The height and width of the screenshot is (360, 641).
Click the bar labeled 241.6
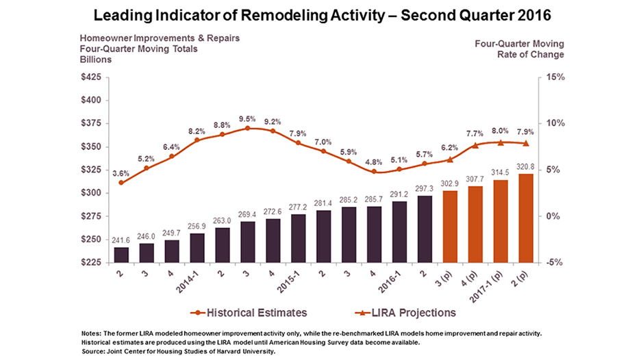point(121,255)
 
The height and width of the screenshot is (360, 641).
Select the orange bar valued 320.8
point(525,218)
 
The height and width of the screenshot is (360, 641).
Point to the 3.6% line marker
point(121,182)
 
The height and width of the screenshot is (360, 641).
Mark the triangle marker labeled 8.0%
point(501,142)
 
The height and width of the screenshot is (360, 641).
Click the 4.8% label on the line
point(375,162)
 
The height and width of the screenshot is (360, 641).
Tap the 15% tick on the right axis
point(553,77)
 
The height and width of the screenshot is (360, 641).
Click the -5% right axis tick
point(553,262)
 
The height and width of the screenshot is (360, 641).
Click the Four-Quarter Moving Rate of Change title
point(519,49)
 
